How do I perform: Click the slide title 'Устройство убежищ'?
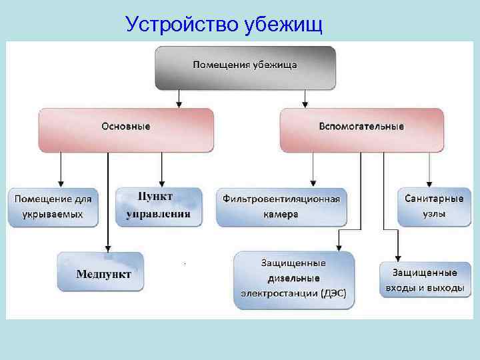tap(224, 25)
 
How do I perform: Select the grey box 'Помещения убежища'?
tap(245, 67)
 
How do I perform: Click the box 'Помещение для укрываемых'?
tap(53, 206)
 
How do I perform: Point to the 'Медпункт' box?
tap(100, 272)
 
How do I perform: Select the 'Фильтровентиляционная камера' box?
tap(281, 207)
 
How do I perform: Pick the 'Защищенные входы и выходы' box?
tap(424, 280)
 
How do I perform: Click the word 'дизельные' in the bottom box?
tap(294, 278)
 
